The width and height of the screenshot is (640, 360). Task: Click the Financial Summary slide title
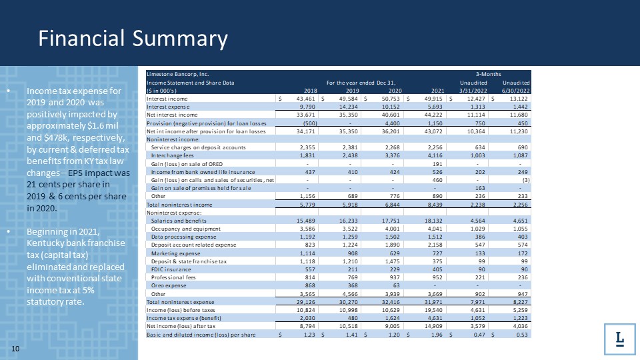click(133, 39)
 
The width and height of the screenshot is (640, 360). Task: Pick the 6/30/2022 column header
click(516, 91)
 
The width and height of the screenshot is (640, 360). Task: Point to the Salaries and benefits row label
click(179, 220)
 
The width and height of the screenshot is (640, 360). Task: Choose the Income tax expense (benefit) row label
click(181, 317)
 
